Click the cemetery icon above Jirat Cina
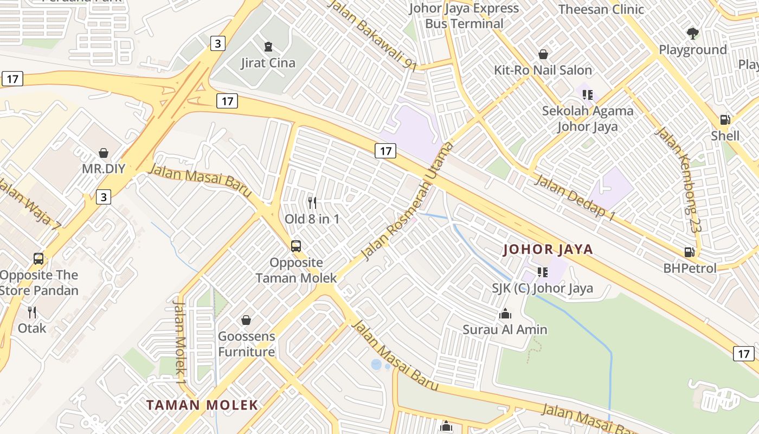pos(268,47)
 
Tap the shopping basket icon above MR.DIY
pos(104,153)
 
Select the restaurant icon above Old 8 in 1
pos(312,203)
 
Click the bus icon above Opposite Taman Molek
pos(296,246)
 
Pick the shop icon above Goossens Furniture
pos(246,320)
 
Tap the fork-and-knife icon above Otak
pos(32,312)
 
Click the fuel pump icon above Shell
pos(725,119)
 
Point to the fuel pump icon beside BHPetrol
pos(690,252)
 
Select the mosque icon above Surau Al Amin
pos(505,314)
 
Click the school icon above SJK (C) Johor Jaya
pos(542,272)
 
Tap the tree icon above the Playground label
pos(692,34)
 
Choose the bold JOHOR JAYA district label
pos(548,250)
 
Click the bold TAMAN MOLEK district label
pos(202,405)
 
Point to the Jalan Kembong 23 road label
pos(679,180)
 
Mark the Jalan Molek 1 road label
pos(179,339)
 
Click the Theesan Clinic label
pos(601,9)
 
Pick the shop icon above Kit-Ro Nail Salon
pos(543,54)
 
